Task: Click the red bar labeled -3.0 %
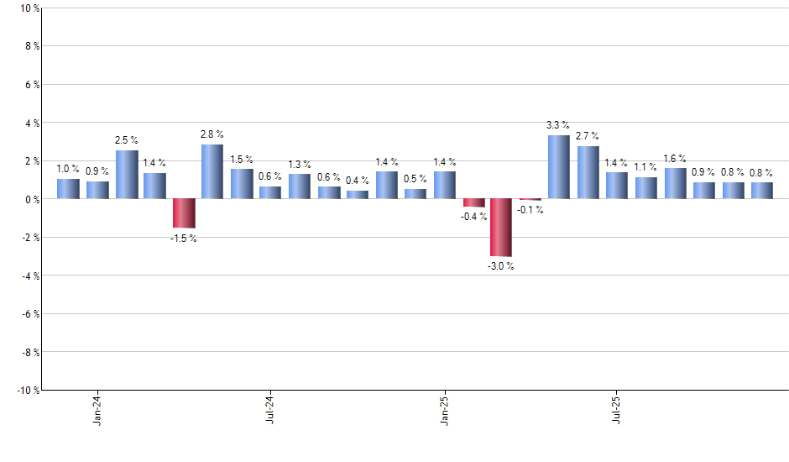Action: (x=501, y=227)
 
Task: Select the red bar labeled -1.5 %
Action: (x=184, y=213)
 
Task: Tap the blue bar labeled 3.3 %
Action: (x=559, y=167)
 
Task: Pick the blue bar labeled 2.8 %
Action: (x=212, y=171)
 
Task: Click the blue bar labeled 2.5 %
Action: (x=127, y=175)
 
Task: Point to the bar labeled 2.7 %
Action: (x=588, y=173)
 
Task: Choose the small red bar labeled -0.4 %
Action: (x=473, y=202)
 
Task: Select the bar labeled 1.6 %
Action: (x=675, y=183)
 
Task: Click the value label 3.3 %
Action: (x=558, y=125)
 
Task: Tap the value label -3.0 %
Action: (x=501, y=266)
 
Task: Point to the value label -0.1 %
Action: (x=530, y=210)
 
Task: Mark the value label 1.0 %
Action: (x=69, y=169)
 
